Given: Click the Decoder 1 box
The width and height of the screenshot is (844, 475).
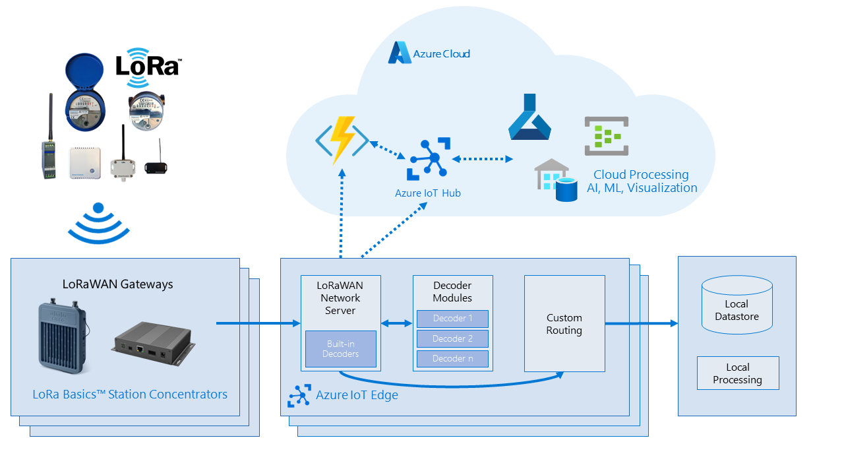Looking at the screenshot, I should (452, 319).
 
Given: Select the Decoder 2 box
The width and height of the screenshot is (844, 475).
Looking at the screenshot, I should (452, 339).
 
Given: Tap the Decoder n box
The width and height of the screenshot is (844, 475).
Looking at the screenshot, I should (452, 359).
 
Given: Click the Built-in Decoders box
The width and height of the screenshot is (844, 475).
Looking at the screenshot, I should (340, 349).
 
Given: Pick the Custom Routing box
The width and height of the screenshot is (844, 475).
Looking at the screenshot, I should (564, 323).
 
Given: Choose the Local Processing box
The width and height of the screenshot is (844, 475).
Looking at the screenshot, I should (737, 373).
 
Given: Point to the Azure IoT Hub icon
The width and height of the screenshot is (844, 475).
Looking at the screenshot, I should (429, 159).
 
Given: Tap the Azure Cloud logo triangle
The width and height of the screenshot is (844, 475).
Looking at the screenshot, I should (399, 53).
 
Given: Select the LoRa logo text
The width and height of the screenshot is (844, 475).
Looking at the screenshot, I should (148, 67).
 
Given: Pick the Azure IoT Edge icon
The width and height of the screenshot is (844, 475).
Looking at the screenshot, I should (299, 396).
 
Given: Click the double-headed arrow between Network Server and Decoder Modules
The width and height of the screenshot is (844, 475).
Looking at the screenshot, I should (396, 323).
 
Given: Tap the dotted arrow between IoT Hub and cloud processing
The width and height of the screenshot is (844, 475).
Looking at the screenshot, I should (482, 159).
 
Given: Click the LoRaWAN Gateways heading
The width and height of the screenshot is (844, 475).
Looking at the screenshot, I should (117, 284).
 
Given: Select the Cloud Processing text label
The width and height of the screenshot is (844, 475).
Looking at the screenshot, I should (641, 175).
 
